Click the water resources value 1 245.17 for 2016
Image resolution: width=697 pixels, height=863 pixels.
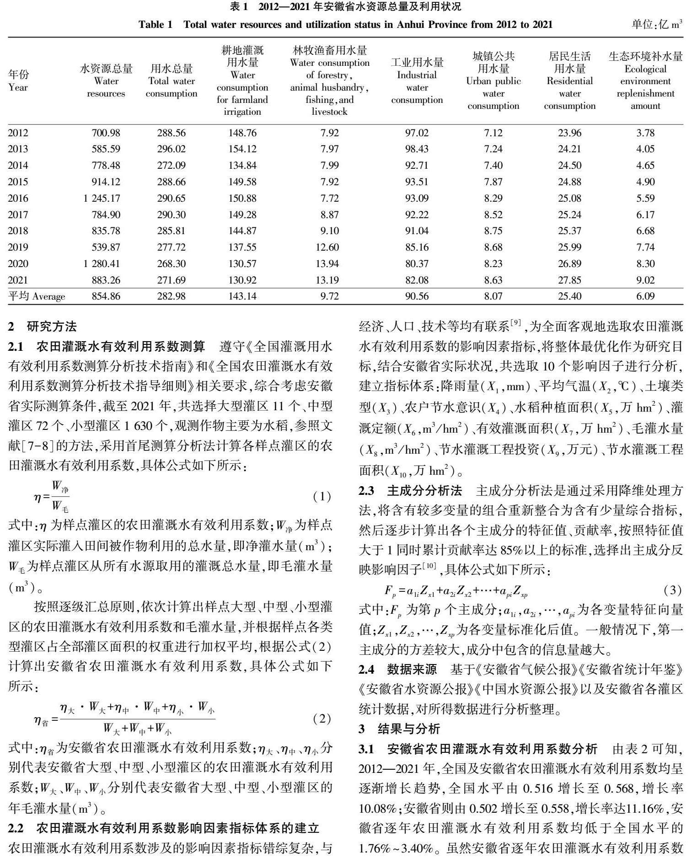tap(102, 198)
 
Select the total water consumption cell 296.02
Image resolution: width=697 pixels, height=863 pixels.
tap(172, 149)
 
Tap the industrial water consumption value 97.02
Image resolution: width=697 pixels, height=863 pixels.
tap(417, 133)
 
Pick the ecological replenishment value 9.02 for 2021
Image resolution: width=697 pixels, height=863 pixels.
tap(645, 280)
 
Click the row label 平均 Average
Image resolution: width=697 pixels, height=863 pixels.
tap(37, 296)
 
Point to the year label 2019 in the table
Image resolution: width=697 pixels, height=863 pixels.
tap(18, 247)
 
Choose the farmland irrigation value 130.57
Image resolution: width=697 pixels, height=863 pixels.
tap(242, 263)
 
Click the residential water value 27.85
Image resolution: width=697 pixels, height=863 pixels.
tap(569, 280)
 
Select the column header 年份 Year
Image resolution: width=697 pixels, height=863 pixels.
tap(18, 80)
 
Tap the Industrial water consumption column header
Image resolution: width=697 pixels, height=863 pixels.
tap(417, 81)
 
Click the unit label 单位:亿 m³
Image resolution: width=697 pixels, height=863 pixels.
tap(657, 24)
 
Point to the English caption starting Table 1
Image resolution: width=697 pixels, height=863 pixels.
tap(345, 24)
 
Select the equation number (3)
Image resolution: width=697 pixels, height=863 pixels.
tap(672, 590)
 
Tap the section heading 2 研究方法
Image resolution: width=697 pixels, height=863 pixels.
tap(43, 327)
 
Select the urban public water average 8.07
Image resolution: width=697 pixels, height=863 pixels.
tap(493, 296)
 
